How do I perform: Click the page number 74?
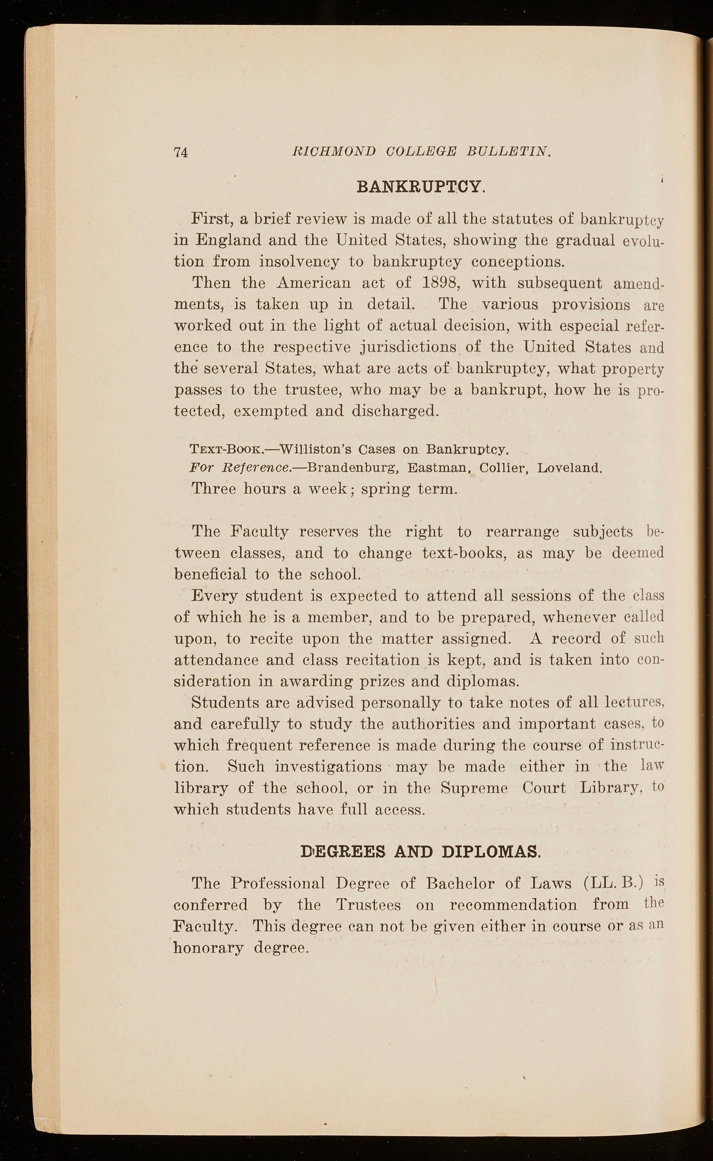point(181,152)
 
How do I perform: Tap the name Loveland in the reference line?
point(570,468)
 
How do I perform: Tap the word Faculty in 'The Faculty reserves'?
point(259,531)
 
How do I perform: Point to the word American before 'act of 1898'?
point(313,283)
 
